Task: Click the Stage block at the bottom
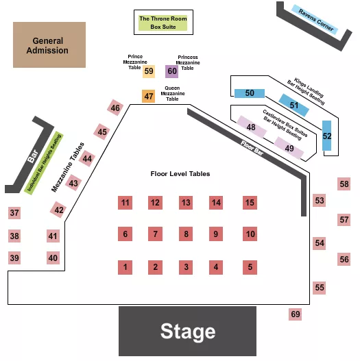tap(187, 332)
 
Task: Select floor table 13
tap(186, 202)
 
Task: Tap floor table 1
tap(125, 267)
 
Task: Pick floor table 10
tap(250, 234)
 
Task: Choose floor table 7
tap(156, 234)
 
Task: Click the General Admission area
tap(49, 45)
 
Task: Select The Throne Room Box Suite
tap(163, 23)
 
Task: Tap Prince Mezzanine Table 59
tap(149, 71)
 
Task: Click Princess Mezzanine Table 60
tap(171, 71)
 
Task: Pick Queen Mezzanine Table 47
tap(149, 97)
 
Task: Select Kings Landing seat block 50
tap(250, 93)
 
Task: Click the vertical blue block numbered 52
tap(327, 136)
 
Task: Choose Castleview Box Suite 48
tap(252, 127)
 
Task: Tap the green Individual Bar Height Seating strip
tap(45, 163)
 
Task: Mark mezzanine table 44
tap(87, 159)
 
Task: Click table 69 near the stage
tap(295, 314)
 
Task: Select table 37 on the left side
tap(14, 214)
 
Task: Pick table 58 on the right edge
tap(344, 184)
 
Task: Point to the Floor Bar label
tap(252, 149)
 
